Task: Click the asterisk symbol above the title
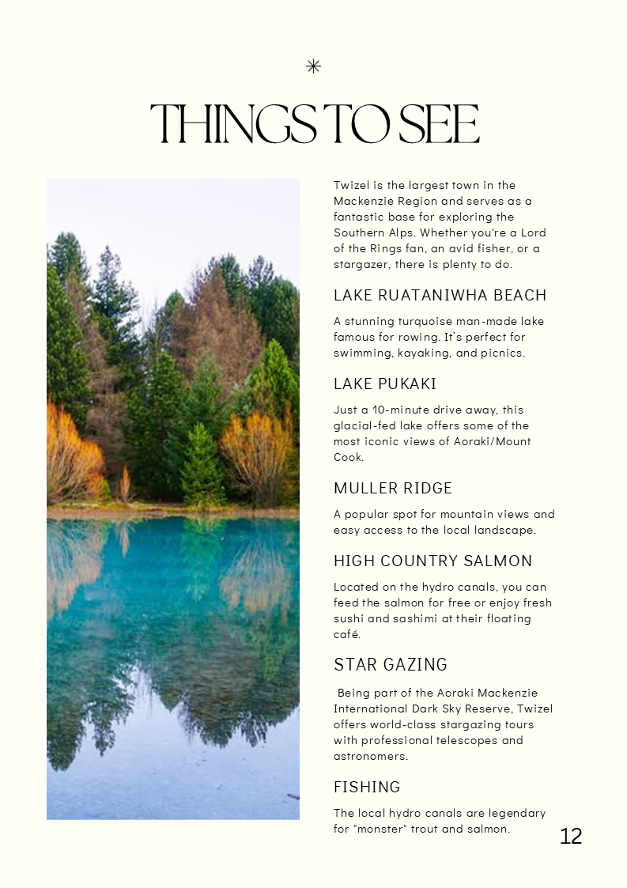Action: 313,66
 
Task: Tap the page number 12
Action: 571,837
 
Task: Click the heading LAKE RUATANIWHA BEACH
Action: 440,296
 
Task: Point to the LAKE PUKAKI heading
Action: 385,384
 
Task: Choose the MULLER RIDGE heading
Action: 393,489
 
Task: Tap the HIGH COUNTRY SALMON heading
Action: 433,561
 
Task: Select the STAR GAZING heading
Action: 391,664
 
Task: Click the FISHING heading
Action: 367,788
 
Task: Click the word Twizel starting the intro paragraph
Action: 349,185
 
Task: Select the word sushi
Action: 349,618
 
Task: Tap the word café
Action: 347,634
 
